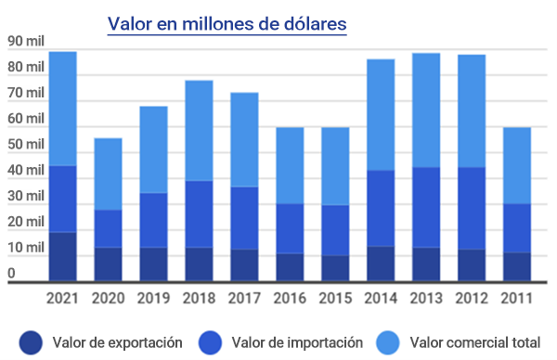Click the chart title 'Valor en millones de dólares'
(x=227, y=23)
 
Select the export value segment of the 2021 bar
(x=62, y=256)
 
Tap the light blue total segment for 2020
(x=108, y=174)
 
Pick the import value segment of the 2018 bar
(x=199, y=213)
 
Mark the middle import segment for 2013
(x=426, y=207)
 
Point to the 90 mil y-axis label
(x=25, y=41)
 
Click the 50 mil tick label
(x=25, y=145)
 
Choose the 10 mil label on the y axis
(x=25, y=248)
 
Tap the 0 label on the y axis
(x=12, y=273)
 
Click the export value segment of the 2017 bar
(x=244, y=264)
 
